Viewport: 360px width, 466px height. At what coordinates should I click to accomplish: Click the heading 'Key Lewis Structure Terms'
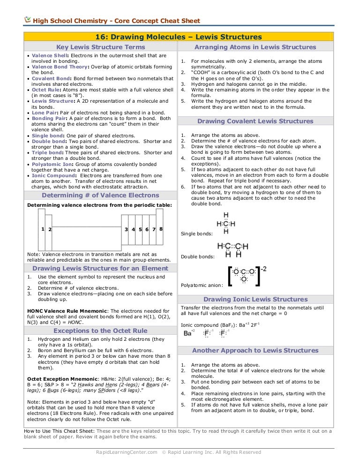pos(100,47)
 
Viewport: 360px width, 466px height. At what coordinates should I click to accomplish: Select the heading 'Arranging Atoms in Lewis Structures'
pos(255,47)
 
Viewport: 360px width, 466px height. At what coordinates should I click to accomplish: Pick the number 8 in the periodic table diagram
pos(161,229)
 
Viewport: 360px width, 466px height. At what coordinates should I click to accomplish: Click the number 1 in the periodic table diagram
pos(43,229)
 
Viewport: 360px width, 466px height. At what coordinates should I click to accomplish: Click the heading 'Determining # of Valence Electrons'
pos(100,195)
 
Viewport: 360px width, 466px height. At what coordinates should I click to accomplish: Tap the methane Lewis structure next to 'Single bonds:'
pos(226,223)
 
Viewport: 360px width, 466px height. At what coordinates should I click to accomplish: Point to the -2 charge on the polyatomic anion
pos(263,269)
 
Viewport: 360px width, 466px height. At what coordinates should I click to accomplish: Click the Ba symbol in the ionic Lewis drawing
pos(188,333)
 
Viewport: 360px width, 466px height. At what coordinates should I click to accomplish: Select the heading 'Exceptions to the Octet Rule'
pos(100,331)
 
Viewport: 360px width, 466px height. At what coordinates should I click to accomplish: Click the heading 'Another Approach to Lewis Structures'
pos(255,350)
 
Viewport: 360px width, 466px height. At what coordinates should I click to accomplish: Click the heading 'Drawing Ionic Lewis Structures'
pos(255,299)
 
